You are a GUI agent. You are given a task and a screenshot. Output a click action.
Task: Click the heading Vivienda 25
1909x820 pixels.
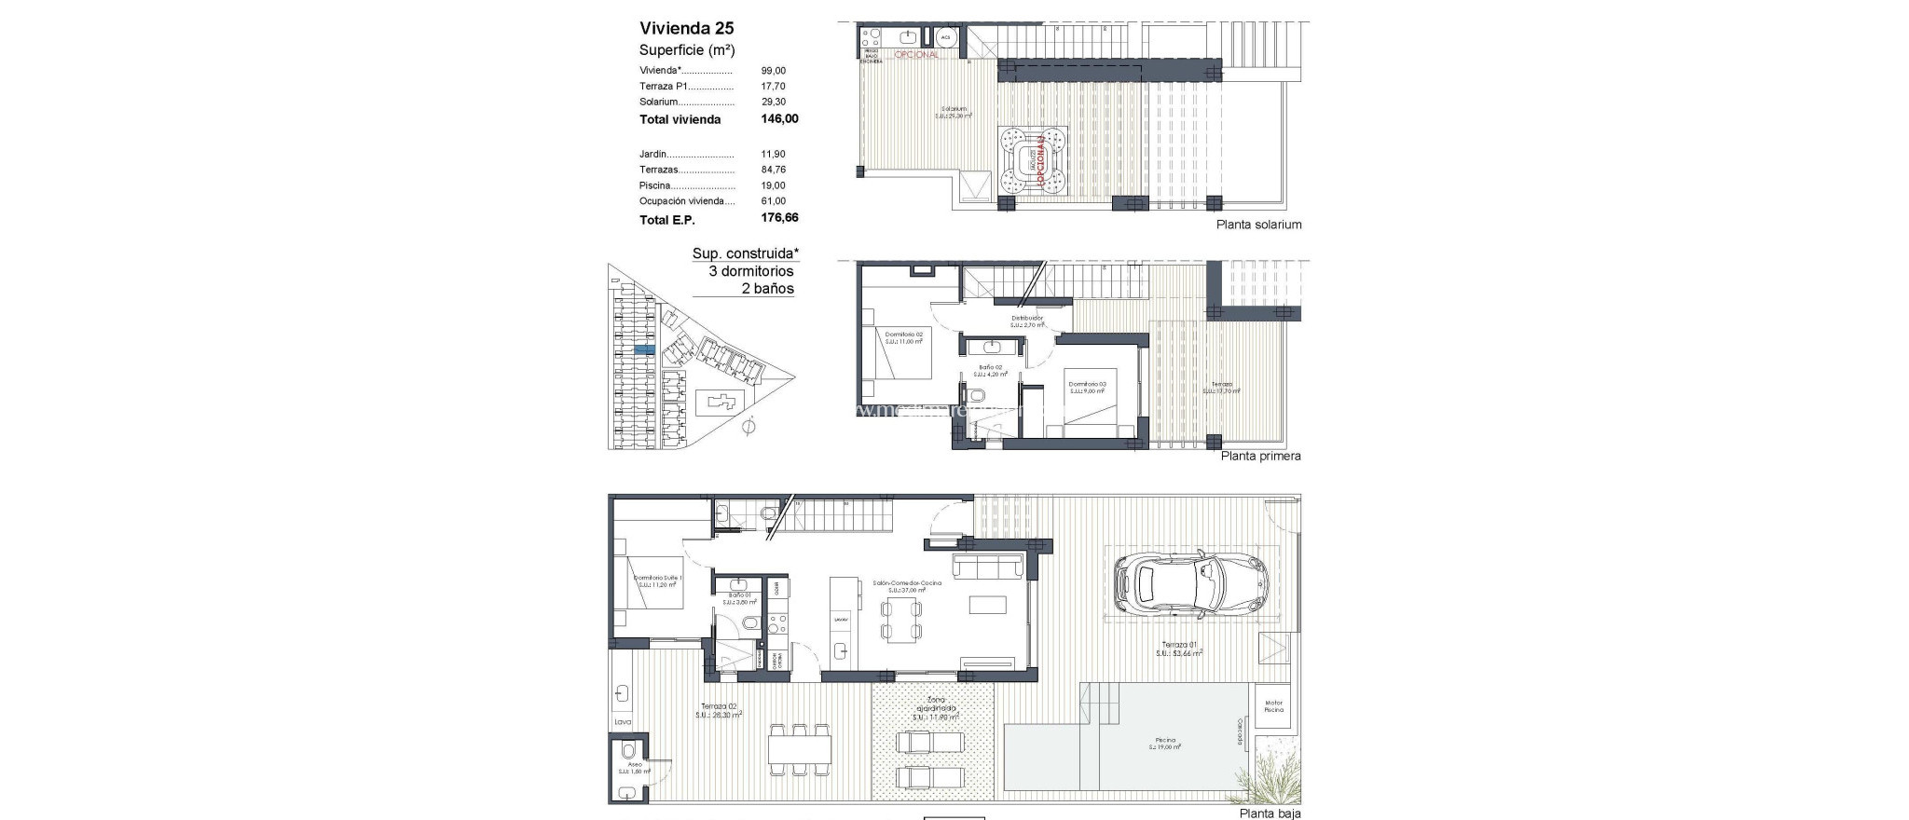[686, 28]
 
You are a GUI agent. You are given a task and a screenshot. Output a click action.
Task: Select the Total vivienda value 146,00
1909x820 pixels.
[779, 119]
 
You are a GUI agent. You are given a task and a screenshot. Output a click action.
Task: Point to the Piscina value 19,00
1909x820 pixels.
[773, 185]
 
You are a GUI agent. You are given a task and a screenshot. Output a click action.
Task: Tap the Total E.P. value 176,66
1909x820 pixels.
[779, 219]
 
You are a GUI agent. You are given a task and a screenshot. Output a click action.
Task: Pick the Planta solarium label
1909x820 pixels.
[1258, 225]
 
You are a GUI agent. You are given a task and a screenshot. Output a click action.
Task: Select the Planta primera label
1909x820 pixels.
[1260, 457]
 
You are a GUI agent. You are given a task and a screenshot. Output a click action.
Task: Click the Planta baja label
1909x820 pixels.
[1270, 813]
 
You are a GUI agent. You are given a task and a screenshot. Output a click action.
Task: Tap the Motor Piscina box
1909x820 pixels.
[1273, 706]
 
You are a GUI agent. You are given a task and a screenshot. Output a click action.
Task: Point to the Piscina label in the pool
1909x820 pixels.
[1165, 741]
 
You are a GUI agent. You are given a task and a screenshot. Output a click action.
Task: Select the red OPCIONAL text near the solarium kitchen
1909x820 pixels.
[916, 55]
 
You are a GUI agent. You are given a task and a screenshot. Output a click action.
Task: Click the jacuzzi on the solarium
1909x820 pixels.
[1030, 162]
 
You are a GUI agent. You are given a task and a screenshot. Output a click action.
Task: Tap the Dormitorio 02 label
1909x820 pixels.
[903, 335]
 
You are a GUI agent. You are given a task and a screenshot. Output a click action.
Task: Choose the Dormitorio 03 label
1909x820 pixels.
[1087, 385]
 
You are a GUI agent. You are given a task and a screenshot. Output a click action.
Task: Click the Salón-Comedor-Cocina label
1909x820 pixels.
[906, 583]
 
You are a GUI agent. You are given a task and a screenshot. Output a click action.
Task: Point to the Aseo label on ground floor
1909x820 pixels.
[634, 764]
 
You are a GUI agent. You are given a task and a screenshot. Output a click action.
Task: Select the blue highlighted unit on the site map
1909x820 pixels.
[644, 348]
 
